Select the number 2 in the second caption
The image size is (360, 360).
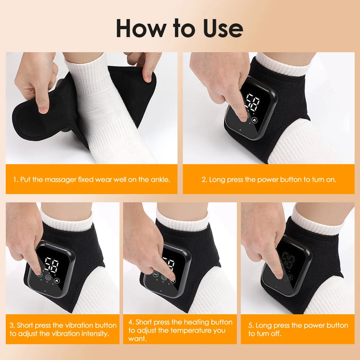[x=204, y=179]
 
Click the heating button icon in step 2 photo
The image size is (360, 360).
[x=255, y=119]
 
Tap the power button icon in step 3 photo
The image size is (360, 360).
[x=48, y=278]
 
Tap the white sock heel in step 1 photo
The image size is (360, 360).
[x=111, y=124]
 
